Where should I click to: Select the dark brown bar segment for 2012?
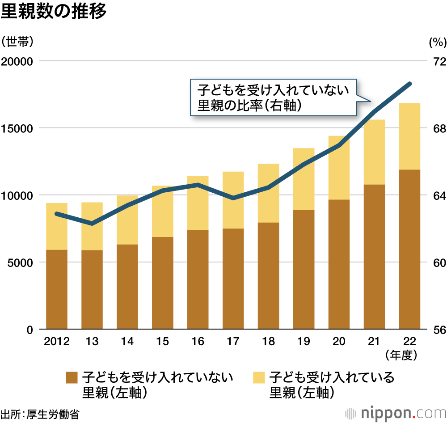click(x=57, y=289)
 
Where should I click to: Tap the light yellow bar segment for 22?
click(x=409, y=136)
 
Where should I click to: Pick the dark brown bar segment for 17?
click(x=233, y=279)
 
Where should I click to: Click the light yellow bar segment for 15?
click(x=162, y=211)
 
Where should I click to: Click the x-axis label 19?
click(x=304, y=342)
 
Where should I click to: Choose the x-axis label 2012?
click(x=57, y=342)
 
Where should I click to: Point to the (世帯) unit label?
click(x=17, y=42)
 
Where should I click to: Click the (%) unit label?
click(x=437, y=42)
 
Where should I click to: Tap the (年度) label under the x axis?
click(x=401, y=355)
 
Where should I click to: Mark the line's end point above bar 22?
click(x=409, y=84)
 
